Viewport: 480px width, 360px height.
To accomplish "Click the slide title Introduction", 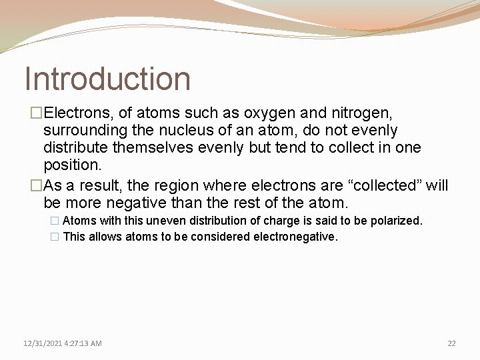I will tap(107, 79).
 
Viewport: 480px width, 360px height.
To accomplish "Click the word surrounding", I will tap(86, 130).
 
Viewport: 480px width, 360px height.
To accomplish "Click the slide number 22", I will tap(451, 343).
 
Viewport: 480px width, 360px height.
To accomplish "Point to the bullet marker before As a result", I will tap(29, 185).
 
